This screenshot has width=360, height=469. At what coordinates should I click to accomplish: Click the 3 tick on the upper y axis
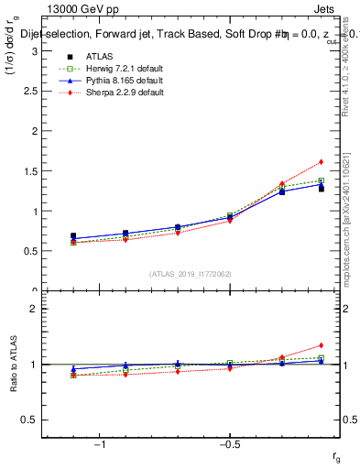(x=33, y=51)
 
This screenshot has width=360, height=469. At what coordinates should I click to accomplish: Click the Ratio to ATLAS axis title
(x=15, y=366)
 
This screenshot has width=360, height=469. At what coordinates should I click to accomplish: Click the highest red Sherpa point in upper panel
(x=321, y=162)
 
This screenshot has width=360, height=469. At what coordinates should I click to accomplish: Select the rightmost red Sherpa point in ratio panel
(x=321, y=345)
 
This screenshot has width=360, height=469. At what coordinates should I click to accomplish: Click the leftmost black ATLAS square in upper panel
(x=73, y=236)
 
